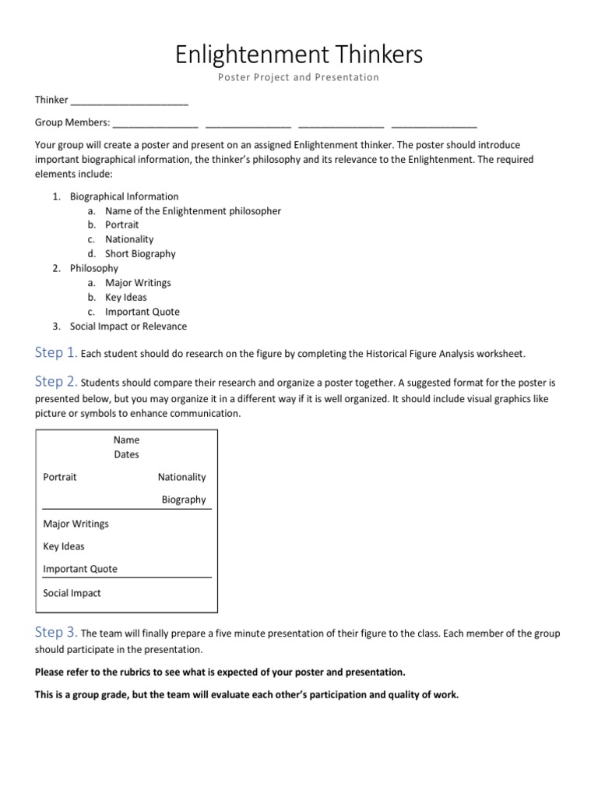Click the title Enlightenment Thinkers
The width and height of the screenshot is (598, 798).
(299, 55)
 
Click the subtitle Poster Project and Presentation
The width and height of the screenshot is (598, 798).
(299, 78)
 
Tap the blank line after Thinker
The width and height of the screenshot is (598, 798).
(129, 101)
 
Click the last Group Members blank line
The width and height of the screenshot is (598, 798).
(434, 123)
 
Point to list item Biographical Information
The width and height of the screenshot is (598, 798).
(124, 196)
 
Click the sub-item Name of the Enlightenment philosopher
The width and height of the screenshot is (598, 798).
(193, 210)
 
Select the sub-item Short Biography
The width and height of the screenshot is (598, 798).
(140, 253)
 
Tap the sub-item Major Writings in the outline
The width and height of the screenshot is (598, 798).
(138, 283)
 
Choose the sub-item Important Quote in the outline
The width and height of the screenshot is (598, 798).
(142, 312)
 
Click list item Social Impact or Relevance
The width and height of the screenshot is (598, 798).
(128, 327)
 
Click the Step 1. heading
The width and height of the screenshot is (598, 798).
(55, 353)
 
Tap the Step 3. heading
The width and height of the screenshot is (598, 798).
(55, 632)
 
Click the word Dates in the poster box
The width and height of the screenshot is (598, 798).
(126, 454)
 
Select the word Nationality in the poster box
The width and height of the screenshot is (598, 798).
(181, 477)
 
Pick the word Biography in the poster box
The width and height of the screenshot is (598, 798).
(184, 500)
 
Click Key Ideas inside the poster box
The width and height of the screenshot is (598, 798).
(64, 546)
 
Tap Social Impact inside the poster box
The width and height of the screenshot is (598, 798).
(72, 593)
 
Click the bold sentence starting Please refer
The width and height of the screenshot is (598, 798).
(220, 672)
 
